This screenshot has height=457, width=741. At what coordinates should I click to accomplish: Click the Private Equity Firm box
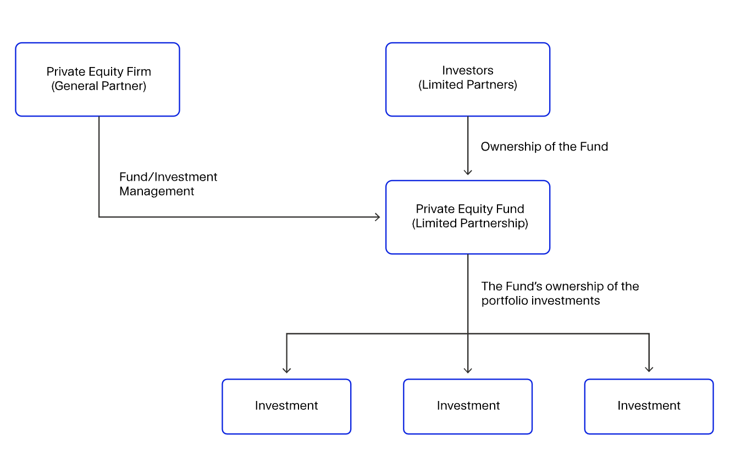point(97,80)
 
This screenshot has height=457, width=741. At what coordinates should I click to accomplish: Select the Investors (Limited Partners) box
point(467,80)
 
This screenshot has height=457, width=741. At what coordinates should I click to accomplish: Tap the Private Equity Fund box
point(467,217)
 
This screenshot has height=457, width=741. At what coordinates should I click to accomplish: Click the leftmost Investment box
point(286,406)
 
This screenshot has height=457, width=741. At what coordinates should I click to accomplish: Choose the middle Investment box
point(468,406)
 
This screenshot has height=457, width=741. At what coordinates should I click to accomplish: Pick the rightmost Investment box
point(649,406)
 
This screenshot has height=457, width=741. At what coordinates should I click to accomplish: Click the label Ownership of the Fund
point(544,147)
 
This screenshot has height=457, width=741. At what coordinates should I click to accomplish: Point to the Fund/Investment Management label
point(168,184)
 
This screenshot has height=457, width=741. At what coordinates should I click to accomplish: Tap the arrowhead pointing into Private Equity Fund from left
point(378,217)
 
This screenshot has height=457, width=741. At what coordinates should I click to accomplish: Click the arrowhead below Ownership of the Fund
point(468,172)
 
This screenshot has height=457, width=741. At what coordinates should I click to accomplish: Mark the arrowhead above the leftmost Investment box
point(286,370)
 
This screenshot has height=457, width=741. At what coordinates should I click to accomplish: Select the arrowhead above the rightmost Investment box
point(649,370)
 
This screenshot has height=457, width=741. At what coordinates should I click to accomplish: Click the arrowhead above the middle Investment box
point(468,370)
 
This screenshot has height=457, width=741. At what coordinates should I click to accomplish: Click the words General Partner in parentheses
point(99,86)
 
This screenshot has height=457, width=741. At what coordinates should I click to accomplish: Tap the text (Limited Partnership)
point(470,224)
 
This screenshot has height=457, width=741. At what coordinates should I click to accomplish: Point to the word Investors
point(468,70)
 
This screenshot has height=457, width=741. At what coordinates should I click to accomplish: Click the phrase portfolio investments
point(540,301)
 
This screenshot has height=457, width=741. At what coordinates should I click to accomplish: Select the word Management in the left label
point(157,191)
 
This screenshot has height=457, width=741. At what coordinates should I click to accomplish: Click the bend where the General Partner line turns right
point(99,217)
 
